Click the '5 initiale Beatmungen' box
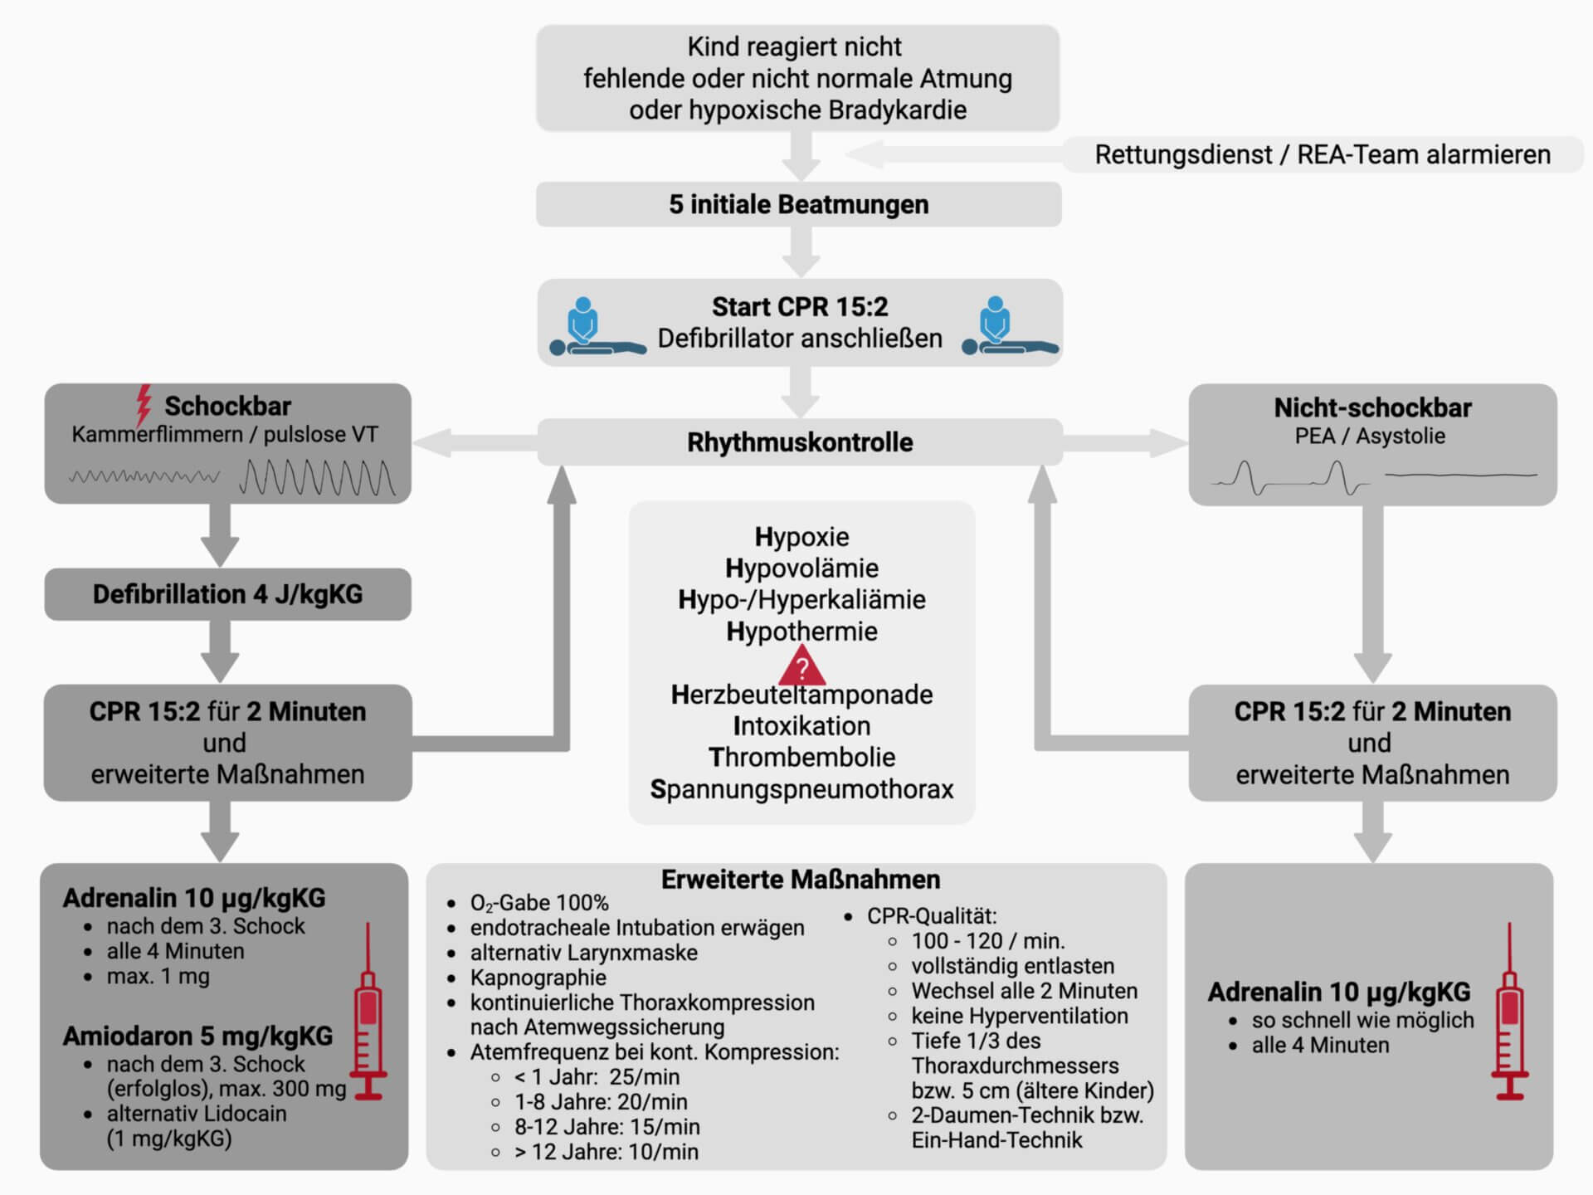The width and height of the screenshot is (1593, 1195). [798, 205]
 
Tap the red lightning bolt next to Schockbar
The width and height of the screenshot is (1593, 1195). [144, 404]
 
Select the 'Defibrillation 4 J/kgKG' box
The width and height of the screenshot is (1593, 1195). [227, 594]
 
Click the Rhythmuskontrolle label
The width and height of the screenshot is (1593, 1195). [800, 442]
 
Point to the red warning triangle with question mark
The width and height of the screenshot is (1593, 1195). [801, 667]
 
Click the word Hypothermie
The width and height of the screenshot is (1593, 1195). [801, 632]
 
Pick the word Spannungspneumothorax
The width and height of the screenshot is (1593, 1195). [801, 789]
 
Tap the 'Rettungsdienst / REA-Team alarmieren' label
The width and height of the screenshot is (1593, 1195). [1322, 155]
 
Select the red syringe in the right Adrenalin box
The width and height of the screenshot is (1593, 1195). [1510, 1012]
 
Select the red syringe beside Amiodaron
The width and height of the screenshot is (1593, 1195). [368, 1012]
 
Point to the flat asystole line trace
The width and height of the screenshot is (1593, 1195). [1461, 476]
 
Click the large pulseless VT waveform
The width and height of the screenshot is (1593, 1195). [317, 478]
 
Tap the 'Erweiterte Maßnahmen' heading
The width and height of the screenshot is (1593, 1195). [800, 880]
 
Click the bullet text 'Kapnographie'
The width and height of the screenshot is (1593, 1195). [538, 978]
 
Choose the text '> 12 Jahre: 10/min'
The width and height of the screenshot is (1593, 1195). [606, 1152]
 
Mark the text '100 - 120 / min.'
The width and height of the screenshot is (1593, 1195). [988, 941]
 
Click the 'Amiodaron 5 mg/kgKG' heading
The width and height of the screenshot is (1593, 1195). [197, 1036]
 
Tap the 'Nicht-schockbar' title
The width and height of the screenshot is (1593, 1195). [1372, 408]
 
